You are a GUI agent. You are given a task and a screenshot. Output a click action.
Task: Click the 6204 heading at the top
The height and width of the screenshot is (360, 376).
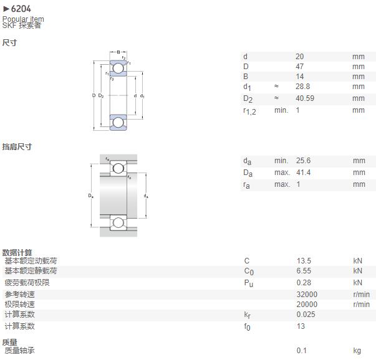[21, 9]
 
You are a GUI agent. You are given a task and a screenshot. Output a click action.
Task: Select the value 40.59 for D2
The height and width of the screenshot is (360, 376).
[305, 98]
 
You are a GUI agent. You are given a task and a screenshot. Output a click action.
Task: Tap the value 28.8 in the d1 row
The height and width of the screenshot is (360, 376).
[302, 87]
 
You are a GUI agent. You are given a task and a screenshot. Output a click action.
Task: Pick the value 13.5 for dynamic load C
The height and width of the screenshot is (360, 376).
[304, 260]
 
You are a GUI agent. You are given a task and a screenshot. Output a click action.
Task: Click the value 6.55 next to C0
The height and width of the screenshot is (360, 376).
[304, 271]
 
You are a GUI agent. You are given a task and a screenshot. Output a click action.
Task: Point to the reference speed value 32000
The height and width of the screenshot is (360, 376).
[307, 294]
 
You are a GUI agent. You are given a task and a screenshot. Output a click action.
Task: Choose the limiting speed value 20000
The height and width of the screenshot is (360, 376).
[307, 304]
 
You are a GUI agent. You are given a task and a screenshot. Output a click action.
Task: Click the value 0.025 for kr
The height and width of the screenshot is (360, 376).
[306, 315]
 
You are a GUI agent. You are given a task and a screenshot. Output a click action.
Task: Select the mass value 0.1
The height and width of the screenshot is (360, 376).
[301, 351]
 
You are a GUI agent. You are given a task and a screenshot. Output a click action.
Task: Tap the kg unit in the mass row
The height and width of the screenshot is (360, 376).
[357, 351]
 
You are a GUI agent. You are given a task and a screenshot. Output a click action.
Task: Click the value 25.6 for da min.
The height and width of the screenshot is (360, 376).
[303, 161]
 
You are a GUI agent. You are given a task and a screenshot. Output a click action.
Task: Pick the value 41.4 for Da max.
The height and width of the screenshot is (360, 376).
[303, 173]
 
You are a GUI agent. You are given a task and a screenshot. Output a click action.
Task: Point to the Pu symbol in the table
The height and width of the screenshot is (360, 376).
[248, 283]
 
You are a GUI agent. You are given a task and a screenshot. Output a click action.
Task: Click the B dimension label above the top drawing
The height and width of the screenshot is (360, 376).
[118, 52]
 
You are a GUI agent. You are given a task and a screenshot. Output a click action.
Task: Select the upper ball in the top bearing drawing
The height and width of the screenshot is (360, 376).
[118, 69]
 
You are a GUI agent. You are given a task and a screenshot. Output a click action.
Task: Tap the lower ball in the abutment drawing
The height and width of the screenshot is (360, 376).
[118, 223]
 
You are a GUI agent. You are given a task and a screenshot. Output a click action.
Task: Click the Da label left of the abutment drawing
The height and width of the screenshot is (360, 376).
[90, 196]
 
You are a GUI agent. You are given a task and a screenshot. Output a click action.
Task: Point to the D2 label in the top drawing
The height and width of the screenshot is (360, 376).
[101, 96]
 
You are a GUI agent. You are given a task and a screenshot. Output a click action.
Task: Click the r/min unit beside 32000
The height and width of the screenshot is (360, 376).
[362, 295]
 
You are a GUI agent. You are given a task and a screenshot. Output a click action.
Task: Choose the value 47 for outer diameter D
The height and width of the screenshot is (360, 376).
[299, 67]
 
